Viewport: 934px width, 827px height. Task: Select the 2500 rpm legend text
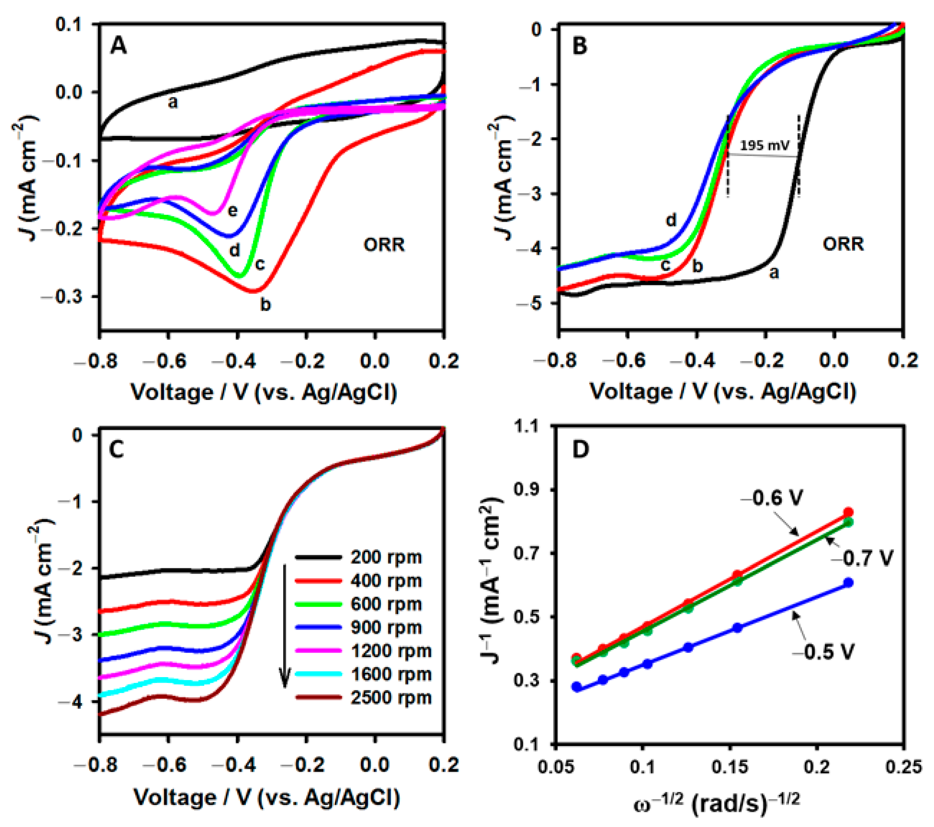(391, 698)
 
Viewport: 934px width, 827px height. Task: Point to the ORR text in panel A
(384, 245)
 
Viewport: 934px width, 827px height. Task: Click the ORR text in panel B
(843, 245)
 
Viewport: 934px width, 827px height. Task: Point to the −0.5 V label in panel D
(822, 652)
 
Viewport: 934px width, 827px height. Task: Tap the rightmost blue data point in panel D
(849, 582)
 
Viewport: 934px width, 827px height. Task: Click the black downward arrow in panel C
(285, 626)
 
